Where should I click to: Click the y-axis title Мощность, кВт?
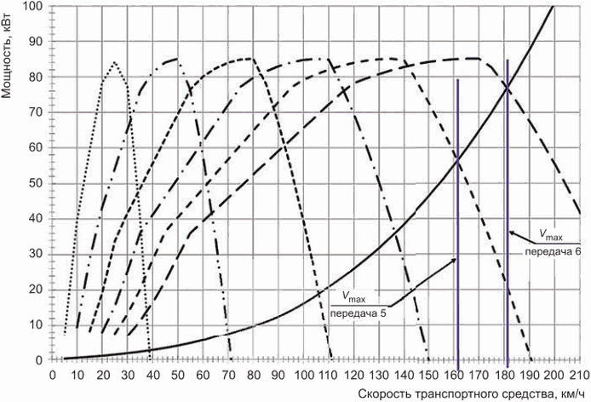(7, 57)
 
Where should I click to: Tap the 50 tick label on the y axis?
(37, 183)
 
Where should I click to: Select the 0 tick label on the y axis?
(40, 360)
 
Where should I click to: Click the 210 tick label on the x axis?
(580, 376)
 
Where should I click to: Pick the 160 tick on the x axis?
(454, 376)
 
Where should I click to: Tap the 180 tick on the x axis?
(504, 376)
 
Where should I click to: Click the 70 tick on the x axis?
(228, 376)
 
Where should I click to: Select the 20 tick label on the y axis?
(37, 290)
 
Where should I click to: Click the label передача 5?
(359, 313)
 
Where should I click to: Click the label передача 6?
(553, 251)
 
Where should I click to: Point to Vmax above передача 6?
(551, 235)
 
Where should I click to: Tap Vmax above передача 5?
(354, 296)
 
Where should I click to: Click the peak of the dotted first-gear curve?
(115, 61)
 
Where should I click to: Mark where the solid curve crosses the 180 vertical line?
(508, 88)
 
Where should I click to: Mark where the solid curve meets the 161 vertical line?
(457, 161)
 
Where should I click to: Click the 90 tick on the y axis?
(37, 42)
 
